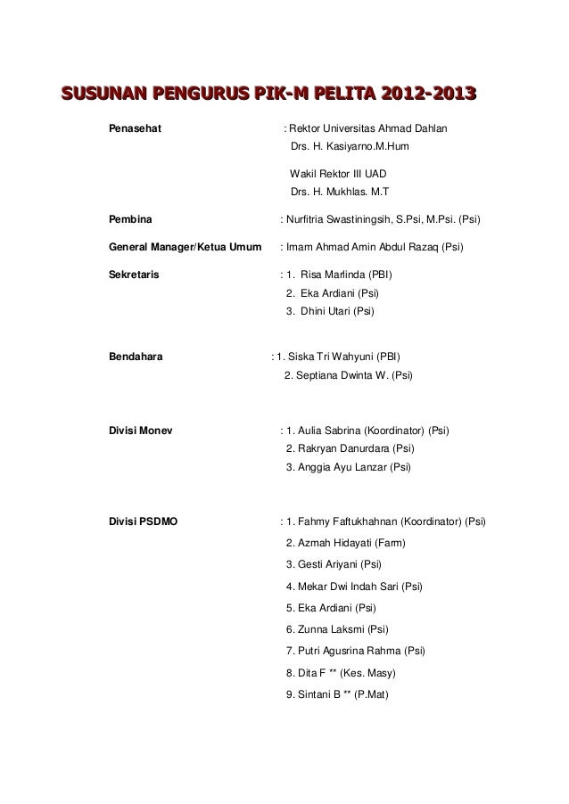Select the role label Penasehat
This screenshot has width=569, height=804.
pyautogui.click(x=135, y=128)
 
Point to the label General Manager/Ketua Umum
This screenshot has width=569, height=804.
pyautogui.click(x=185, y=247)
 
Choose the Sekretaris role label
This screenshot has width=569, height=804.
pyautogui.click(x=134, y=274)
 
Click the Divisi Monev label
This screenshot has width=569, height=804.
pyautogui.click(x=140, y=431)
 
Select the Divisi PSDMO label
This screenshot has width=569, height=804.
pyautogui.click(x=143, y=521)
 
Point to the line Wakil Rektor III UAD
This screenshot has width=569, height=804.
pyautogui.click(x=338, y=173)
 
